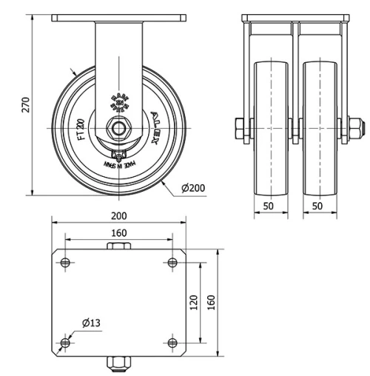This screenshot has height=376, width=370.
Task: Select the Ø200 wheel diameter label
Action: pyautogui.click(x=193, y=189)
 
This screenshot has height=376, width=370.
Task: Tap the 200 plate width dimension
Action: pyautogui.click(x=118, y=215)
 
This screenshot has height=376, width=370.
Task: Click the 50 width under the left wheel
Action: pyautogui.click(x=269, y=206)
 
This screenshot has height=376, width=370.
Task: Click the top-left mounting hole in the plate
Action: pyautogui.click(x=65, y=262)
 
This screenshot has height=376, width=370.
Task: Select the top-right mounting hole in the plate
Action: pyautogui.click(x=172, y=262)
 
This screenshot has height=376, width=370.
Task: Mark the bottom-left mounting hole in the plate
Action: pyautogui.click(x=65, y=342)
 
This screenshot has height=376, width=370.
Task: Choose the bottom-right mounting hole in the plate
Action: pyautogui.click(x=172, y=342)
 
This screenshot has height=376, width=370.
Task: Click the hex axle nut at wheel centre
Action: pyautogui.click(x=118, y=127)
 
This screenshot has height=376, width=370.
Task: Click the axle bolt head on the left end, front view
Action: pyautogui.click(x=240, y=127)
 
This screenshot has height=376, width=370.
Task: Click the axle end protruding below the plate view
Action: pyautogui.click(x=118, y=363)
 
